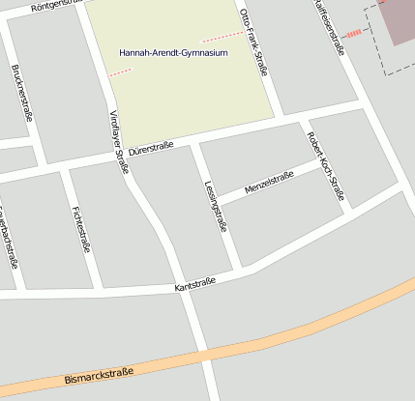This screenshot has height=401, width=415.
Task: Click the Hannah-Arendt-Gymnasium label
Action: point(173,53)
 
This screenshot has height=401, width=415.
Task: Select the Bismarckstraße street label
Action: point(101,375)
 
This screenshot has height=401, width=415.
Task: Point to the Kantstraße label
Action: point(194,285)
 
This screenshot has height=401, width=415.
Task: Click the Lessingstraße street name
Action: point(216,207)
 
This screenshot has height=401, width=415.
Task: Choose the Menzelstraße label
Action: point(270,181)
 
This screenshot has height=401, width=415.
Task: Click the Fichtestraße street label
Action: point(81,229)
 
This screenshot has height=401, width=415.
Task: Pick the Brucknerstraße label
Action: point(21,92)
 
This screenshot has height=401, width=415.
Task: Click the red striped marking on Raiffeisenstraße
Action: point(354,34)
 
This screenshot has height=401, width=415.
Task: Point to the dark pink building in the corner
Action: point(399,21)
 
